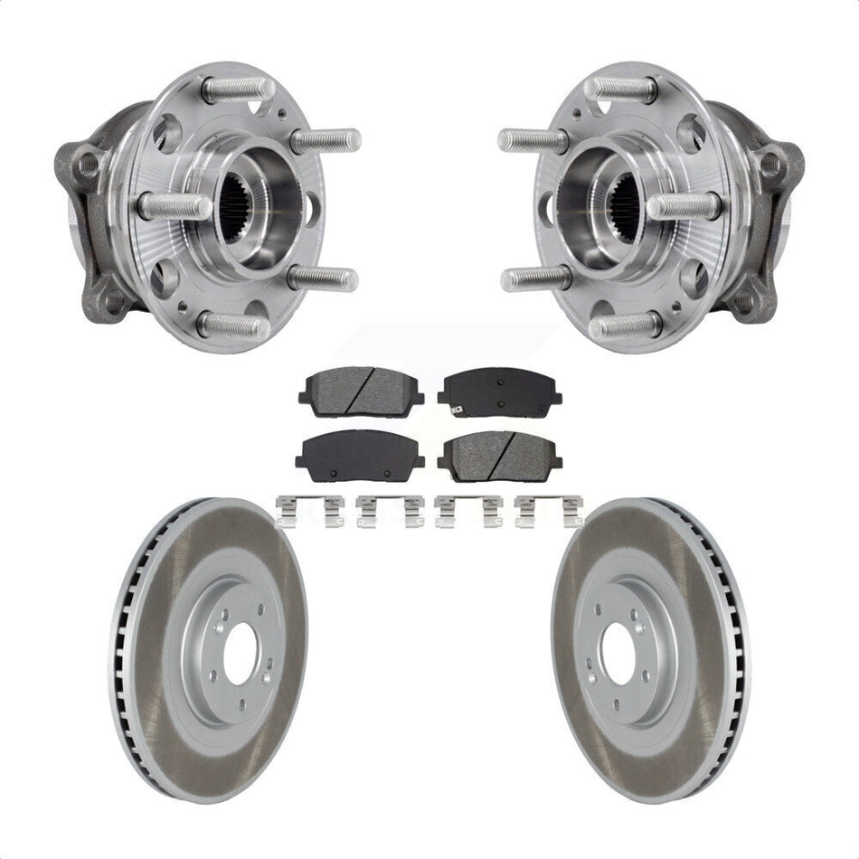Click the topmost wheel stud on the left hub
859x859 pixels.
237,90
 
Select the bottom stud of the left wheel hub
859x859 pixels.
232,325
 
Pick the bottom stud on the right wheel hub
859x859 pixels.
624,325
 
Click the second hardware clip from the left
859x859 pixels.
389,511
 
